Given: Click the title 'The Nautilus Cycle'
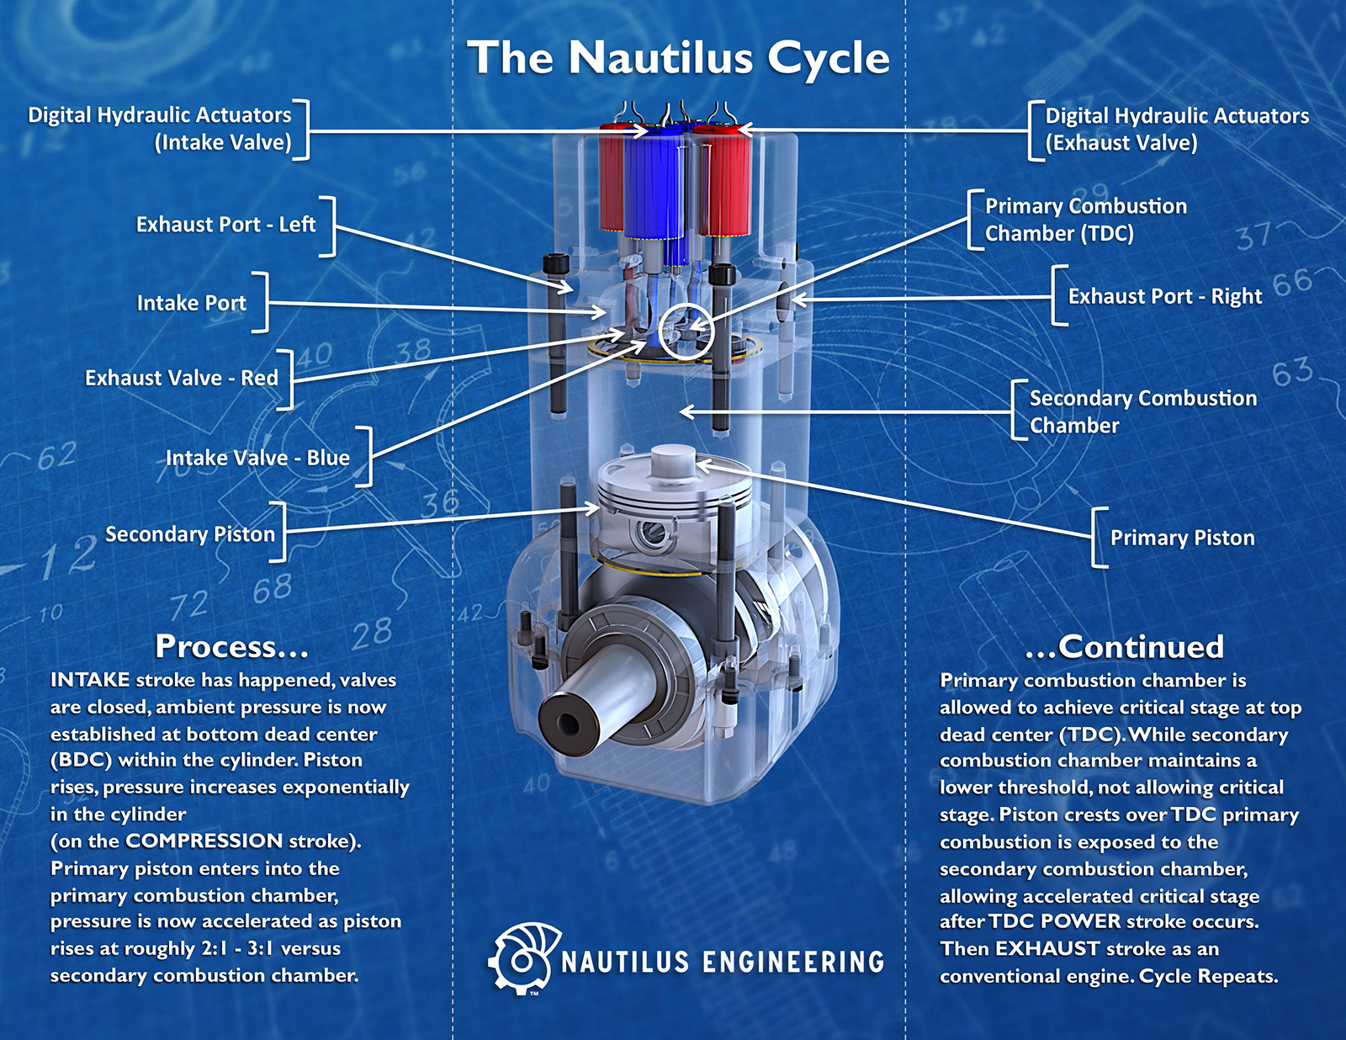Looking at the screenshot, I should [678, 57].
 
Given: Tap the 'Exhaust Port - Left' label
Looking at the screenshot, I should [225, 225].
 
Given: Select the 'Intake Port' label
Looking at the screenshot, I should [191, 303].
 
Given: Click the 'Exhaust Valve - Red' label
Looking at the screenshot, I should [181, 378].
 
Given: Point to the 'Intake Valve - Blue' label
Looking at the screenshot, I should [257, 458].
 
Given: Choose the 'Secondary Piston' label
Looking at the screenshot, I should [189, 534].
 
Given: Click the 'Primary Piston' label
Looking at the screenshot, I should [1182, 538].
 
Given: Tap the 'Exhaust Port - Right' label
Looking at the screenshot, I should [1164, 296].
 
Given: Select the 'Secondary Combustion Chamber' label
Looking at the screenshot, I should [1142, 411].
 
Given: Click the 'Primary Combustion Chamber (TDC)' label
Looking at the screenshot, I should [1085, 219].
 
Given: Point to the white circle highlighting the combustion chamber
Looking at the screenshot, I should [686, 332].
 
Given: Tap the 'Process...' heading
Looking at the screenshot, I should [231, 646].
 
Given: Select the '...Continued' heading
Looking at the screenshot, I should [1124, 646].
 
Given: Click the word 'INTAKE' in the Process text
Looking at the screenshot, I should [90, 680].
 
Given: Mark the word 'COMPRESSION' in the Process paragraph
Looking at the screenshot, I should [204, 841].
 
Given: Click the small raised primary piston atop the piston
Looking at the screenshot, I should [673, 460].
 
